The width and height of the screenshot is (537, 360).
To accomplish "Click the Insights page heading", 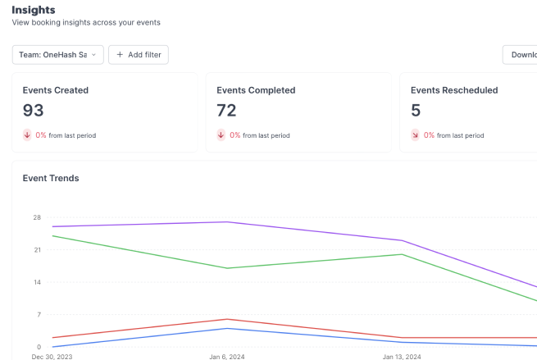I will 34,9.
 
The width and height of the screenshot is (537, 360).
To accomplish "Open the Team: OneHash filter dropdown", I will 57,55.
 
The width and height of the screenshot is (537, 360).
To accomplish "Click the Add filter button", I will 139,55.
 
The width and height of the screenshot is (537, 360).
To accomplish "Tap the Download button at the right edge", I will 522,55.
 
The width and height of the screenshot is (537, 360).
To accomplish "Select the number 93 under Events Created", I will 34,110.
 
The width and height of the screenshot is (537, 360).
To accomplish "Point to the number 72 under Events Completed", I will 226,110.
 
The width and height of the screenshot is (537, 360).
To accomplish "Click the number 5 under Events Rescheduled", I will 415,110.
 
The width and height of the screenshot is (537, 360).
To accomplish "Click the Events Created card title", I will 55,90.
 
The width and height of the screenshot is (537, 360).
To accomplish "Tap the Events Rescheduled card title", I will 453,90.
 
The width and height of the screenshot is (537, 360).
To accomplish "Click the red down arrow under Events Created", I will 27,135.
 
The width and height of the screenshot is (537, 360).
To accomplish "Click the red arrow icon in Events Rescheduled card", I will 415,135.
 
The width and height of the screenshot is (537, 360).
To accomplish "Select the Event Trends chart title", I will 51,178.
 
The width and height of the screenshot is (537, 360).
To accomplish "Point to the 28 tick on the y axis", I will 37,217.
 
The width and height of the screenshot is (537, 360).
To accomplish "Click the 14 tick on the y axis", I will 37,282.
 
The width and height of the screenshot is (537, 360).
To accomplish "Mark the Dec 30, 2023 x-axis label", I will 52,357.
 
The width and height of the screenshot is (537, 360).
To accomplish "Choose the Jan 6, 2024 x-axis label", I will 227,357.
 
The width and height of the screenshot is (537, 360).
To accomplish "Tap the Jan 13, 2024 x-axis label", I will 402,357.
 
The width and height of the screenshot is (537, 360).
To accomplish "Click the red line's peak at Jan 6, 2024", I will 227,319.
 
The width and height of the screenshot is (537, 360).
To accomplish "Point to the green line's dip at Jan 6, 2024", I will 227,268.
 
